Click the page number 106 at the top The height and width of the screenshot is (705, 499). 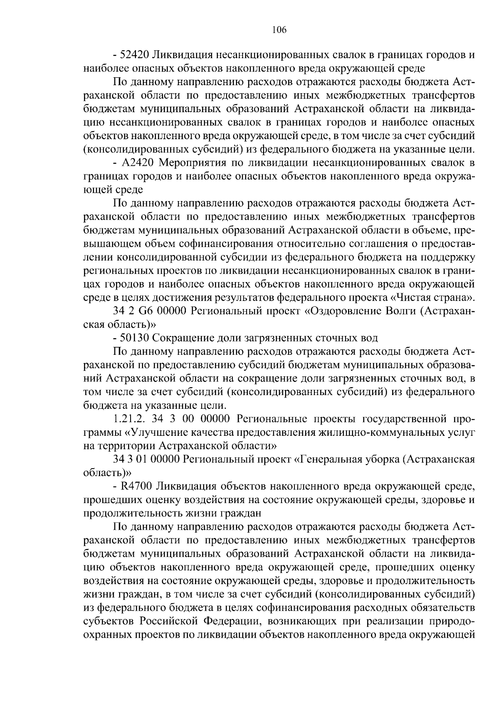coord(279,30)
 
